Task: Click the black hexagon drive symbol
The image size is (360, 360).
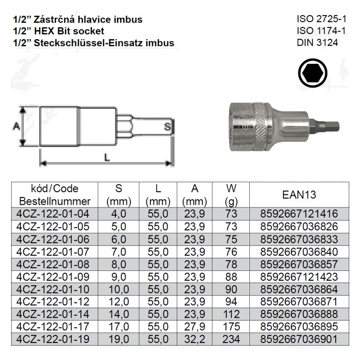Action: [313, 73]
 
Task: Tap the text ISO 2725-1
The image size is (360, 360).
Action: [321, 19]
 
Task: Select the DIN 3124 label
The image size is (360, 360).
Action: [317, 43]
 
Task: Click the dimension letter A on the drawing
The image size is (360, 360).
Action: [16, 126]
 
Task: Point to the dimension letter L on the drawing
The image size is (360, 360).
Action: [107, 157]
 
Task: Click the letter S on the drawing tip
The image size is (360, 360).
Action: [167, 126]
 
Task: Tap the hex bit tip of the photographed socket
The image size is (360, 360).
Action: [324, 126]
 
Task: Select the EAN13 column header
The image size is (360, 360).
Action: [299, 195]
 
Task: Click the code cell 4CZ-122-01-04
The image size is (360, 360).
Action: [53, 214]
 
